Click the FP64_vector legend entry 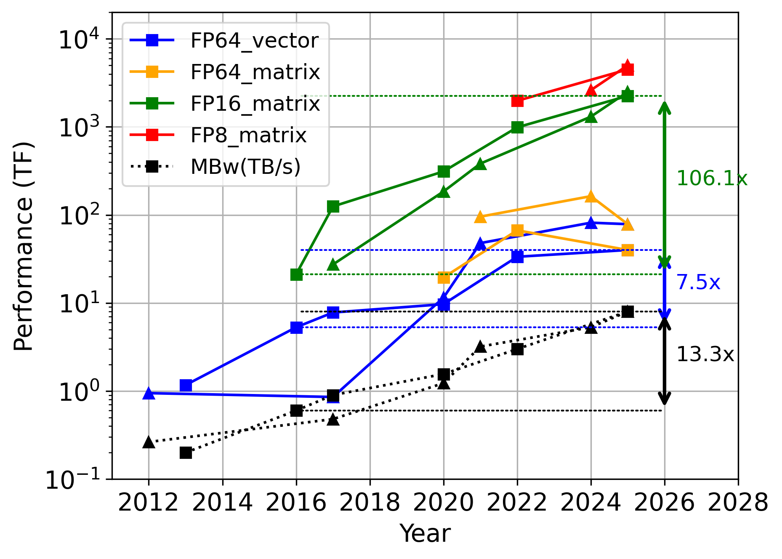click(254, 41)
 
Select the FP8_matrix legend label click(248, 136)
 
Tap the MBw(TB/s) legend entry click(245, 167)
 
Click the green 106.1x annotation click(712, 178)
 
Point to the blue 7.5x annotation click(698, 282)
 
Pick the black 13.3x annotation click(705, 354)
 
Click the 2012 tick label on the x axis click(148, 503)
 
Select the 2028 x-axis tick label click(738, 503)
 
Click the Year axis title click(425, 534)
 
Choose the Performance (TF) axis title click(24, 246)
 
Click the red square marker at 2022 click(517, 101)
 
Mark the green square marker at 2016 click(296, 274)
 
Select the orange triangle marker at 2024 click(591, 196)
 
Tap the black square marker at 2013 click(186, 453)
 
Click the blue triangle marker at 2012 click(148, 393)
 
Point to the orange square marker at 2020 click(444, 277)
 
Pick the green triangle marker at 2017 click(333, 264)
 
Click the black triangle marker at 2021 click(480, 347)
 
